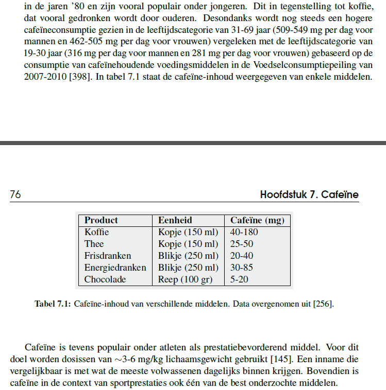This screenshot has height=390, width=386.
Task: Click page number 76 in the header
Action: (15, 194)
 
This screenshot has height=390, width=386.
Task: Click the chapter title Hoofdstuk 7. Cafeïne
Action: (309, 194)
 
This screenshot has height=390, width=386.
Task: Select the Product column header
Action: (101, 220)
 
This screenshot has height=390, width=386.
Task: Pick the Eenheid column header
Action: (175, 220)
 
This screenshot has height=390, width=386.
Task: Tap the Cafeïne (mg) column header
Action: (257, 220)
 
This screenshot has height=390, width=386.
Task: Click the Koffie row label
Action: (97, 232)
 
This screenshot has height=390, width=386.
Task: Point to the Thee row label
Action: (94, 244)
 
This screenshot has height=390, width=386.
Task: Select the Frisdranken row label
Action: (108, 256)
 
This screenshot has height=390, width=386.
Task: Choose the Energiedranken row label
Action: (115, 268)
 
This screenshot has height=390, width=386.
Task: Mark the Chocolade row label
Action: (105, 279)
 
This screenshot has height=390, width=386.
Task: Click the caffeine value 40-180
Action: (244, 232)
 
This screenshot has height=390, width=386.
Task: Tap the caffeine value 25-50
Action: (242, 244)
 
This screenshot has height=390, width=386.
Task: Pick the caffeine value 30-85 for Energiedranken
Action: (242, 268)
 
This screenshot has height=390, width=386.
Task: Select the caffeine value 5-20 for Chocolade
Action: (240, 279)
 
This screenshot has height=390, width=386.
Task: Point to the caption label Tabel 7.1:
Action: (53, 304)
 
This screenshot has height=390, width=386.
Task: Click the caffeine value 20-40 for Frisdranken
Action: (242, 256)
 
